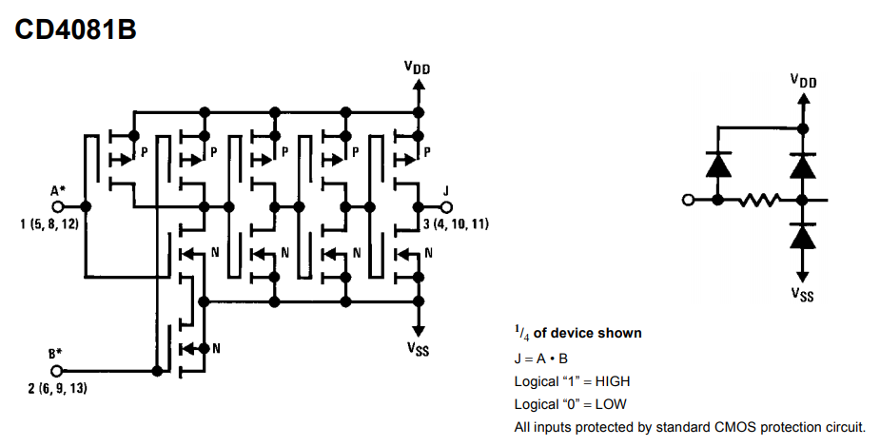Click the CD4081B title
click(75, 29)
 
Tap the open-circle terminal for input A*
click(57, 206)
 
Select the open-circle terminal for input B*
click(56, 371)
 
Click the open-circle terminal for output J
click(445, 207)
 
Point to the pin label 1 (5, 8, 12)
click(49, 224)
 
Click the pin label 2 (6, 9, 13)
click(57, 388)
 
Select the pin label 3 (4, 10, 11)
click(456, 223)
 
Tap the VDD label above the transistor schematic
click(417, 68)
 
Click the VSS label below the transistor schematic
click(418, 348)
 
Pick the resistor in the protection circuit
click(759, 199)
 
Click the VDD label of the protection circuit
click(803, 81)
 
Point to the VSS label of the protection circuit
click(803, 294)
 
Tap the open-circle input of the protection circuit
click(688, 199)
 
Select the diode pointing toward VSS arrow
click(803, 236)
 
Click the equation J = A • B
click(541, 359)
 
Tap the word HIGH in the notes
click(613, 381)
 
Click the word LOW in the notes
click(611, 404)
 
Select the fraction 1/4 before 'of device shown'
click(522, 333)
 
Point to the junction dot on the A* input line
click(86, 206)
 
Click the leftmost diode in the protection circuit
click(718, 165)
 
